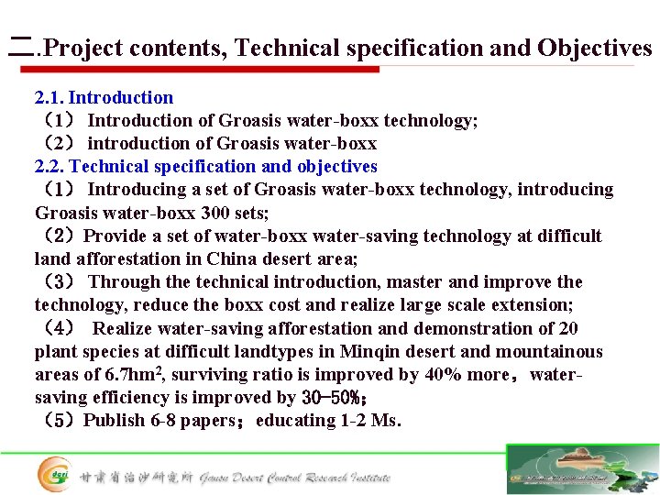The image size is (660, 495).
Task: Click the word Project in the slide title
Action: [83, 48]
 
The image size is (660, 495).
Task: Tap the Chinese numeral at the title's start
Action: [18, 48]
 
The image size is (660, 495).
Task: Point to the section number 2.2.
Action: [49, 166]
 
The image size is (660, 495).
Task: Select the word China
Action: [232, 258]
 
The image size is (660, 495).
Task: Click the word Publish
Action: [118, 421]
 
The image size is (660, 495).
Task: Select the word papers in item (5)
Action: [218, 421]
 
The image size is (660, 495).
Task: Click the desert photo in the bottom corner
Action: [582, 469]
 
